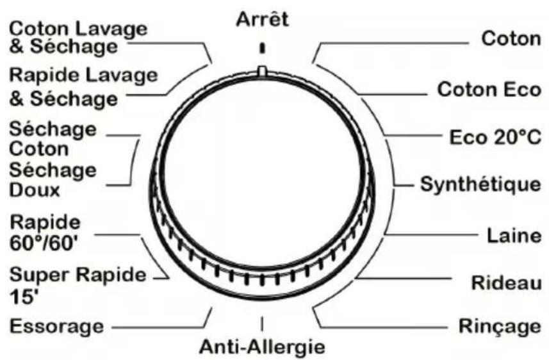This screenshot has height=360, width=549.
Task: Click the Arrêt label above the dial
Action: pos(262,19)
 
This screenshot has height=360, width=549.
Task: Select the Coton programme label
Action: pos(511,38)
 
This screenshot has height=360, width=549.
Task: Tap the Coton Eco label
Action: pos(489,90)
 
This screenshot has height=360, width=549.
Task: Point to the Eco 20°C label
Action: pos(495,137)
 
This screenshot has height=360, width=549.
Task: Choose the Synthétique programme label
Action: pos(480,184)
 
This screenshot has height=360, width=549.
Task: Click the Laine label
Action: pos(514,235)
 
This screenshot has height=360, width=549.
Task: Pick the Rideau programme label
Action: pos(506,282)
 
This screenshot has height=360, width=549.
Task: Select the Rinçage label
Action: pos(500,327)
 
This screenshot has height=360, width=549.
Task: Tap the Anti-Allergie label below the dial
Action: pos(262,347)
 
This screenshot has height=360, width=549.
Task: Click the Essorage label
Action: pos(57,326)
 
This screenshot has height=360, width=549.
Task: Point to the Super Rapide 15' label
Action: pos(78,285)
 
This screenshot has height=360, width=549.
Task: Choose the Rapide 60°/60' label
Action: pos(45,233)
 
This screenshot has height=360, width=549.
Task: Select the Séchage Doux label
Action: pos(53,181)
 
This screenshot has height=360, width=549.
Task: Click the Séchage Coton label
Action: pos(53,139)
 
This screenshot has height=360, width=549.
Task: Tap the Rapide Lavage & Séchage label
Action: pos(83,87)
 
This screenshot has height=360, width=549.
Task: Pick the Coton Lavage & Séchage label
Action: pos(78,37)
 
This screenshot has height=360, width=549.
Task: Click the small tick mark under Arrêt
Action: pos(262,48)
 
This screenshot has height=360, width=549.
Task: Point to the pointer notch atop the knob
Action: pos(262,70)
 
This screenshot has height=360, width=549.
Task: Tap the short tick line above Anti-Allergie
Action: pos(262,323)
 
